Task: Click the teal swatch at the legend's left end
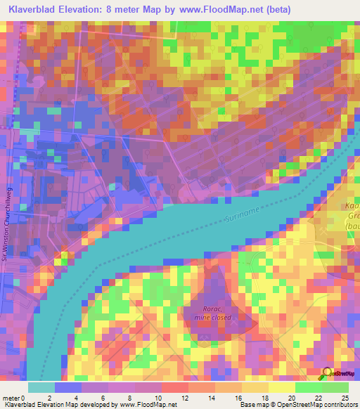click(x=41, y=387)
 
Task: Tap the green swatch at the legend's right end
click(x=335, y=387)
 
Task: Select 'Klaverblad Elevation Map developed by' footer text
click(x=49, y=405)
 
